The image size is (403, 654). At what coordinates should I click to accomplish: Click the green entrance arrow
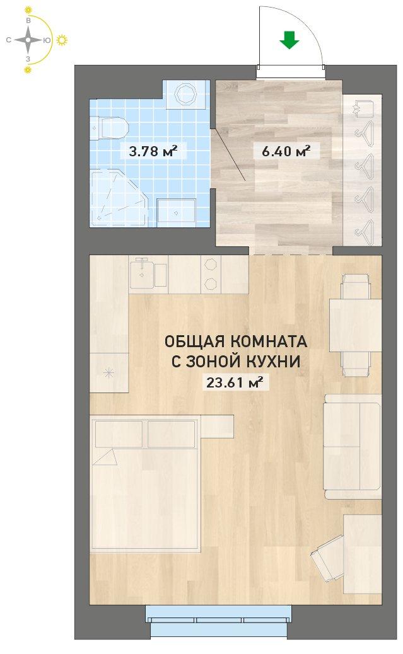(289, 40)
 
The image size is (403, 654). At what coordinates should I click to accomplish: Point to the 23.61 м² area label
(235, 382)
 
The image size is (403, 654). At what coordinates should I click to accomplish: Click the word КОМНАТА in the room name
(269, 341)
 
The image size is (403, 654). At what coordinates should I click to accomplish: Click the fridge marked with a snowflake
(109, 372)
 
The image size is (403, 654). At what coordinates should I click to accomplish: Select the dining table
(356, 325)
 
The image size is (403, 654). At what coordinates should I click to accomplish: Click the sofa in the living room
(353, 447)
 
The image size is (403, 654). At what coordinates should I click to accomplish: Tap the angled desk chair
(327, 557)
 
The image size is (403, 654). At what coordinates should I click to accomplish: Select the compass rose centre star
(28, 40)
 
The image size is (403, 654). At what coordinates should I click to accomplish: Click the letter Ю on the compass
(47, 40)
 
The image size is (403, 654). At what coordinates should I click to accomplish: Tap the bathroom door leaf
(228, 155)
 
